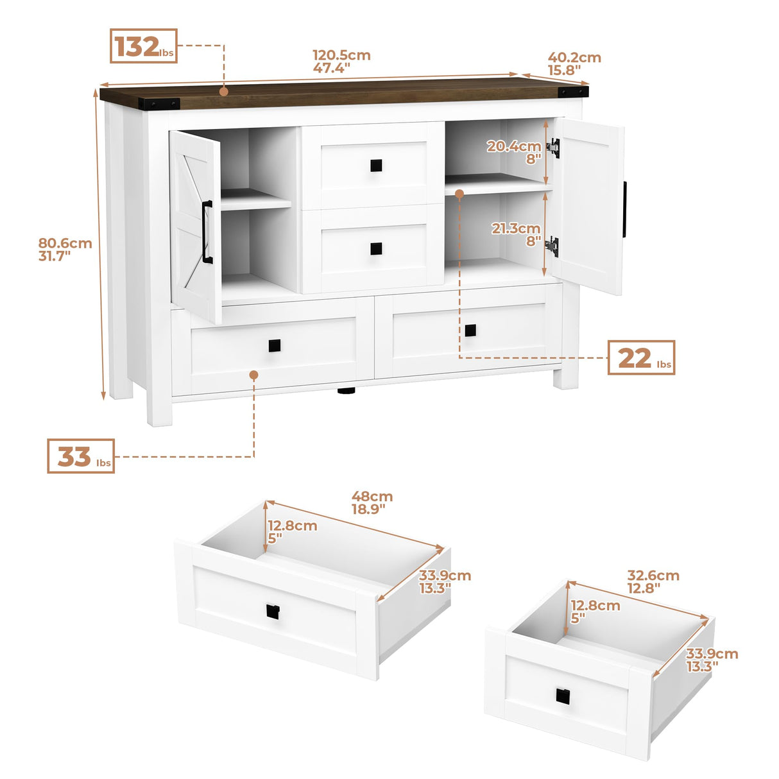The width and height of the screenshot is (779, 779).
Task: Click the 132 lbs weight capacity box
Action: click(x=143, y=46)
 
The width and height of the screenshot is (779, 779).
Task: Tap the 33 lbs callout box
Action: click(x=81, y=456)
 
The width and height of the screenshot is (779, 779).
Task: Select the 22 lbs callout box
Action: click(x=641, y=357)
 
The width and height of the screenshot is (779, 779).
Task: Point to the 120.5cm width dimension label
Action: click(x=341, y=62)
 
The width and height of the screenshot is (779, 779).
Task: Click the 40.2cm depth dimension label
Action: click(x=574, y=64)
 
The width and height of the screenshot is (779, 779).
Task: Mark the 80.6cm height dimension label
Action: click(x=65, y=249)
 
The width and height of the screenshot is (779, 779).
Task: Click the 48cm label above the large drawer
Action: click(x=372, y=502)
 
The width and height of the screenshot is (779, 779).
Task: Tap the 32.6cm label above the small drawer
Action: click(x=653, y=581)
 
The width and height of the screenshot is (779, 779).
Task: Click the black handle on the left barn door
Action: click(x=207, y=232)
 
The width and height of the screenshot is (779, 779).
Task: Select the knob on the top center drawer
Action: click(x=376, y=166)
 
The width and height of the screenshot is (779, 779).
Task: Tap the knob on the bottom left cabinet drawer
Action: click(x=275, y=346)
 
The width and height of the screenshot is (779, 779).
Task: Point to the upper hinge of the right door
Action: click(x=553, y=148)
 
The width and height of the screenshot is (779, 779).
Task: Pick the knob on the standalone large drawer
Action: click(x=273, y=612)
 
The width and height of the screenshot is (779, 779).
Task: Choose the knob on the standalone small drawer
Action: click(x=562, y=696)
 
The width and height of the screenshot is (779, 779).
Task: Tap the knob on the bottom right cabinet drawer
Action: click(x=470, y=330)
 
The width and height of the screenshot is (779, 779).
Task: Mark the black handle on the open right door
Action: click(x=624, y=209)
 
